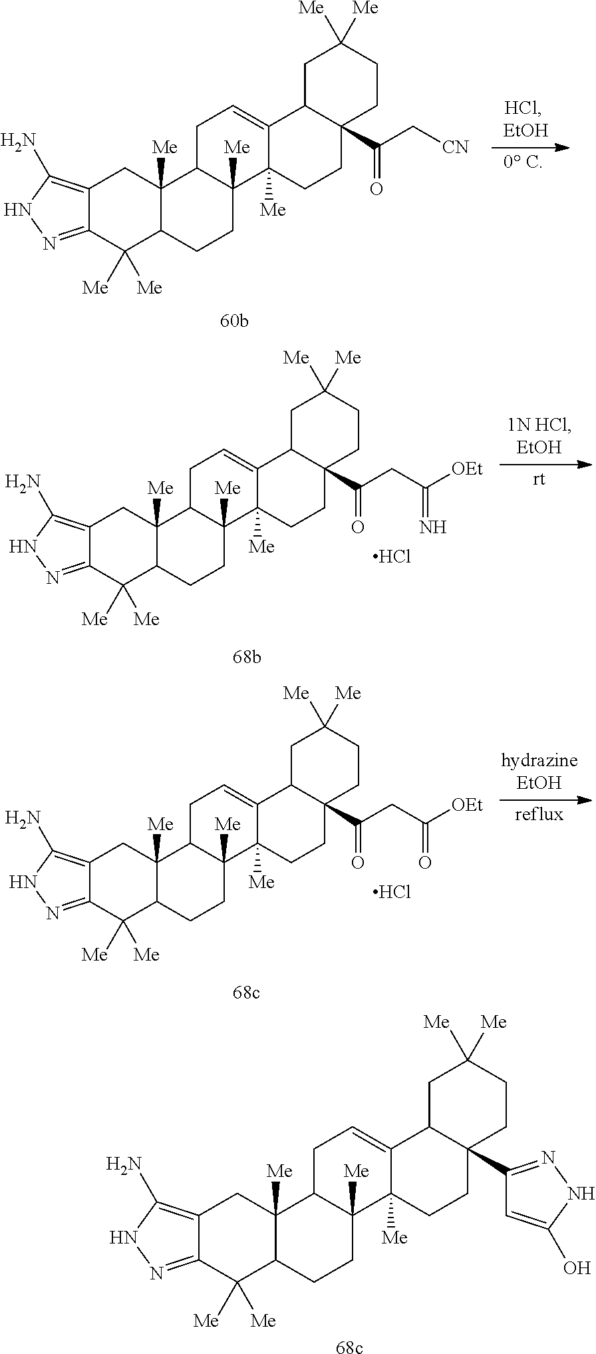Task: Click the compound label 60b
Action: (x=234, y=322)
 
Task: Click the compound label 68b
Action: (x=246, y=658)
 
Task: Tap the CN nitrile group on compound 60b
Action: (x=456, y=147)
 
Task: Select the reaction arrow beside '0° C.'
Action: (x=531, y=147)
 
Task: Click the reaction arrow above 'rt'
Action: (x=545, y=464)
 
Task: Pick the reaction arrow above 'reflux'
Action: (x=545, y=799)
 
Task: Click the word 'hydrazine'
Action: (x=539, y=760)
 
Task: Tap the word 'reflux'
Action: (x=539, y=814)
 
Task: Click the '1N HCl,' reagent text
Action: (x=539, y=425)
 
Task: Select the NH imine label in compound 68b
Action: (x=432, y=528)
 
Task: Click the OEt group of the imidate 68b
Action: (x=467, y=469)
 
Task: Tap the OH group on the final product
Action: (x=577, y=1267)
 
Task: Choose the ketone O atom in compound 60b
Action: (x=376, y=190)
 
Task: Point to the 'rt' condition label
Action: (x=539, y=479)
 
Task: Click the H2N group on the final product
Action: (x=124, y=1164)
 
